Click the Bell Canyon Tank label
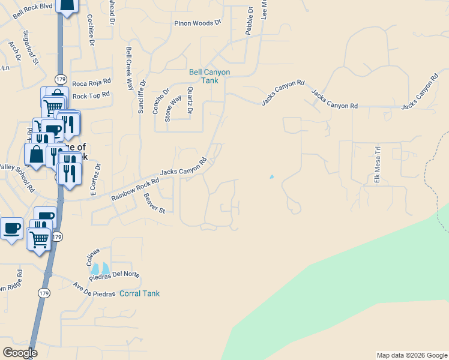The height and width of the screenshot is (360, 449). pyautogui.click(x=209, y=76)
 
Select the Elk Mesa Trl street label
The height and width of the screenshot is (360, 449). pyautogui.click(x=378, y=164)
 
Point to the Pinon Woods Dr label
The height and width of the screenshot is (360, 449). pyautogui.click(x=198, y=23)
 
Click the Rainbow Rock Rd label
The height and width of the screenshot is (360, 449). pyautogui.click(x=135, y=189)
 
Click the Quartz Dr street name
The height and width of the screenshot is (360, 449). pyautogui.click(x=190, y=100)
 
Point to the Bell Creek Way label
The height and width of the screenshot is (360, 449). pyautogui.click(x=130, y=68)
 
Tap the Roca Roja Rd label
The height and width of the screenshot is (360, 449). pyautogui.click(x=91, y=82)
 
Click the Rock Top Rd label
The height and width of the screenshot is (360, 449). pyautogui.click(x=91, y=95)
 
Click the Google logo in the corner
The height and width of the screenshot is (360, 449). pyautogui.click(x=20, y=353)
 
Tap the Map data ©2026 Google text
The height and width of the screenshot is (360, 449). pyautogui.click(x=412, y=355)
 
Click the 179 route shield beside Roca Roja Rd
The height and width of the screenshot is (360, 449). pyautogui.click(x=60, y=79)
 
